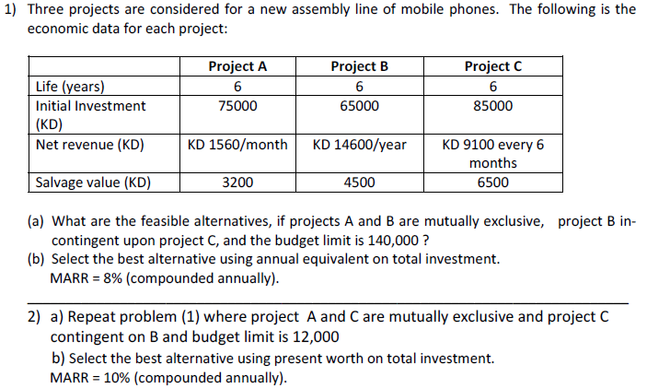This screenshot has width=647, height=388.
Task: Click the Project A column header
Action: tap(237, 66)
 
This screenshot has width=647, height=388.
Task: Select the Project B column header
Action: tap(359, 66)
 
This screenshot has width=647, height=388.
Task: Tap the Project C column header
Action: tap(493, 66)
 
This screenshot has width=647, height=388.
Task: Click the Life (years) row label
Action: tap(70, 87)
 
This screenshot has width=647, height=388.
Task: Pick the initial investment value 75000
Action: tap(237, 106)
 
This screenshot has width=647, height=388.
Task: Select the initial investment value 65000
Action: tap(359, 106)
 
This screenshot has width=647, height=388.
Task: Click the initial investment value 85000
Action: tap(493, 106)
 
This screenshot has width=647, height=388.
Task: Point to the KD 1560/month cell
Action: tap(237, 145)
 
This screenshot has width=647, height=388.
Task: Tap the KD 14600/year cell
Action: tap(359, 145)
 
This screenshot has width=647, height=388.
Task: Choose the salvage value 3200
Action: tap(237, 182)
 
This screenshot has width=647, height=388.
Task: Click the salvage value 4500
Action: tap(359, 182)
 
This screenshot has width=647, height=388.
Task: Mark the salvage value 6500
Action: tap(493, 182)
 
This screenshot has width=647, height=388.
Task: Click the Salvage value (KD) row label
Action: tap(93, 182)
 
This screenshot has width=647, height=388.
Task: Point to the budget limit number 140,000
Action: tap(399, 239)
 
